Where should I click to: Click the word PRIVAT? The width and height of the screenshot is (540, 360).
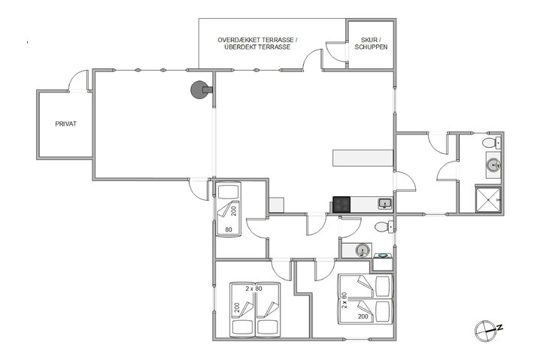click(66, 124)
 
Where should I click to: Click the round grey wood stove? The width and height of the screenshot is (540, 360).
click(199, 90)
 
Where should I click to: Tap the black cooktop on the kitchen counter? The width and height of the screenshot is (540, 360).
click(341, 204)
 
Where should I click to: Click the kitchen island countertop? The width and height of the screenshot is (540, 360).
click(363, 158)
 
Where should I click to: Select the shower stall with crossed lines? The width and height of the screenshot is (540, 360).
click(487, 198)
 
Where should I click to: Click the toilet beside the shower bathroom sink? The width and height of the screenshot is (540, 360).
click(490, 143)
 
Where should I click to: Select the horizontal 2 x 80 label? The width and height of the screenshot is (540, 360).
click(253, 288)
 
